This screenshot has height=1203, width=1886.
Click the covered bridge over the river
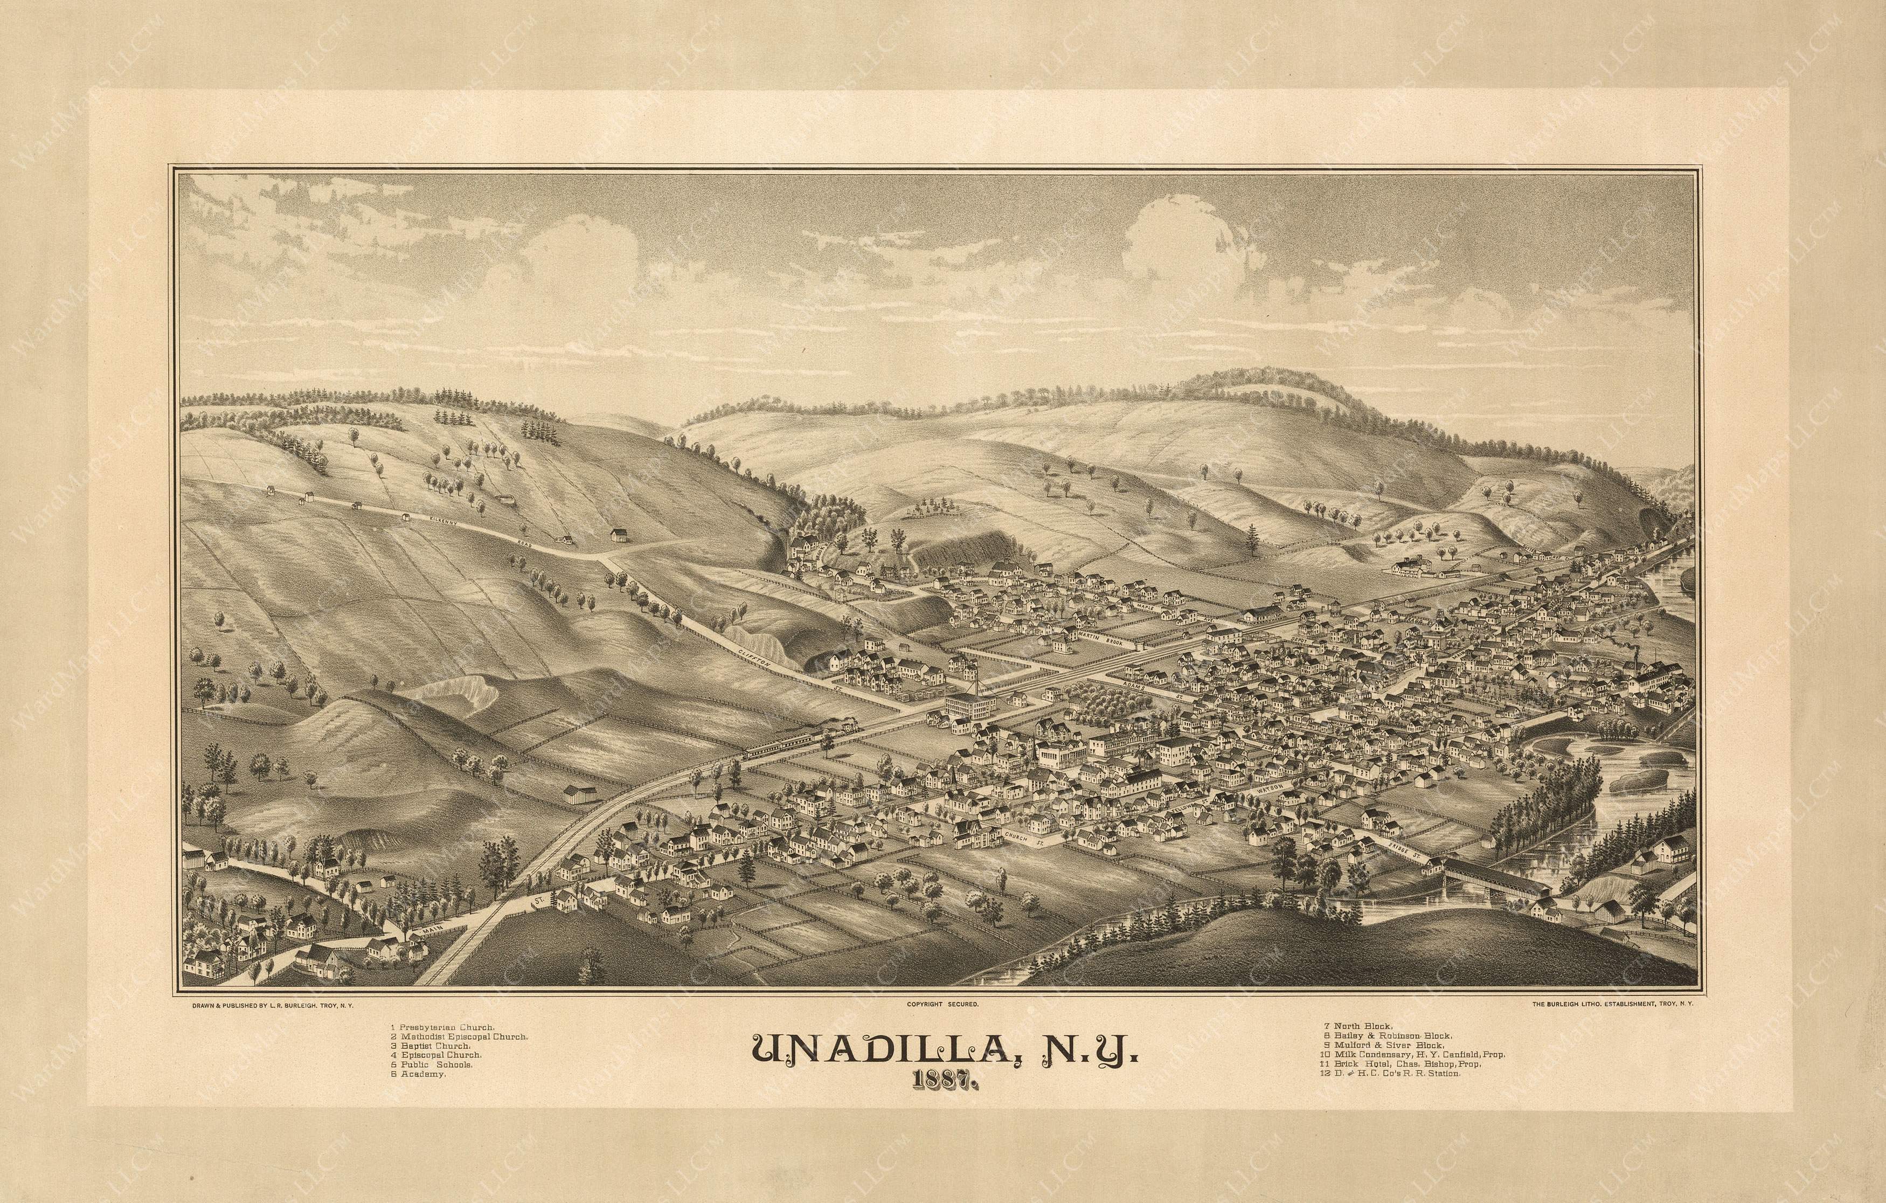coord(1496,881)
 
